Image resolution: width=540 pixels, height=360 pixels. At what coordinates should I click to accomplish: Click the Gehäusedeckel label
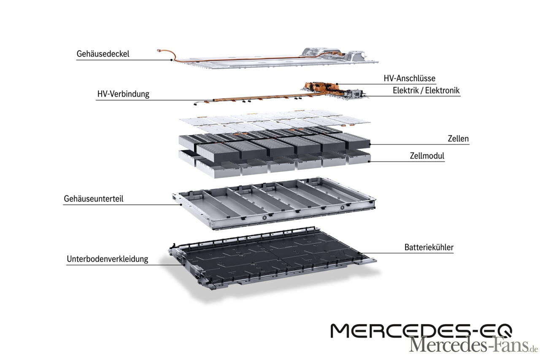(x=103, y=54)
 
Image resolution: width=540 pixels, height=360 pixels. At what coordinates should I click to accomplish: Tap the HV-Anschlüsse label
(x=409, y=78)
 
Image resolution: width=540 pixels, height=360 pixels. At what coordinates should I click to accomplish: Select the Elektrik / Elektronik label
(x=426, y=90)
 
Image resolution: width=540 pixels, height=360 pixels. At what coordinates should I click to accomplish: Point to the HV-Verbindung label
(x=123, y=94)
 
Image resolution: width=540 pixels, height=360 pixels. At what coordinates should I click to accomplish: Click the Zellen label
(x=458, y=139)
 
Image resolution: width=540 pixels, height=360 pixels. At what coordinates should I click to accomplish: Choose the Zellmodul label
(x=427, y=156)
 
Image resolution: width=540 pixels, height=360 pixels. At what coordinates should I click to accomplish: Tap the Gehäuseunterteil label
(x=94, y=199)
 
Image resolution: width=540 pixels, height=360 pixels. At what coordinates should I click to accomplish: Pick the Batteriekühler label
(x=429, y=247)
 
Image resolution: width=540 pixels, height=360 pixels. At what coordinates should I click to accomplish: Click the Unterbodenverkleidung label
(x=107, y=259)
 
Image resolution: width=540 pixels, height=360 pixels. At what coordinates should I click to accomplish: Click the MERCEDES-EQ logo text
(x=421, y=331)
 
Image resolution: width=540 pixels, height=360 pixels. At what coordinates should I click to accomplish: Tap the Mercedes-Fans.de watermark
(x=474, y=345)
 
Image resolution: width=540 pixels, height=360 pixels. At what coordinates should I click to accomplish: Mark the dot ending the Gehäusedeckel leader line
(x=171, y=60)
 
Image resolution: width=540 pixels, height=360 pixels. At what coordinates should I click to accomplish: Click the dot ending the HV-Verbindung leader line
(x=213, y=100)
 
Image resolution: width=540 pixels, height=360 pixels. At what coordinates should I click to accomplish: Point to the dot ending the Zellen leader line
(x=370, y=144)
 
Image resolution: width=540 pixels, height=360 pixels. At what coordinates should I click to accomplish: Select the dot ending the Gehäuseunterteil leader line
(x=181, y=204)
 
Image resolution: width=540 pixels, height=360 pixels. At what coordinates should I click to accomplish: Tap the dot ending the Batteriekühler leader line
(x=359, y=253)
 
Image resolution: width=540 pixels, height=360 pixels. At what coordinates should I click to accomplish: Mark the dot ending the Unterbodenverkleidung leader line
(x=184, y=265)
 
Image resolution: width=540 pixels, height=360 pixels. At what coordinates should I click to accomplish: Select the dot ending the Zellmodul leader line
(x=369, y=161)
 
